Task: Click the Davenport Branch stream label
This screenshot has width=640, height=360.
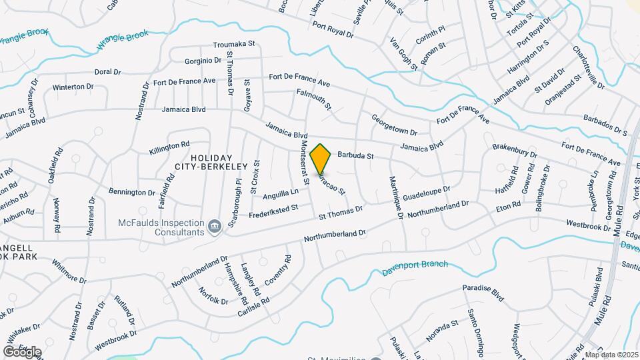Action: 415,268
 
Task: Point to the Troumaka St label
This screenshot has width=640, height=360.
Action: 235,45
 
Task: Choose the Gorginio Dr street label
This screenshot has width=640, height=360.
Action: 203,60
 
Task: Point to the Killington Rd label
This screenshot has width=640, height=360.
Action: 169,147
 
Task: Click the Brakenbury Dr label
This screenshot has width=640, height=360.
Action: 515,149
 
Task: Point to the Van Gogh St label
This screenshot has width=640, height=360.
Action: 403,53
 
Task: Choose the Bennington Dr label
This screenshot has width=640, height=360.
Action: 132,192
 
